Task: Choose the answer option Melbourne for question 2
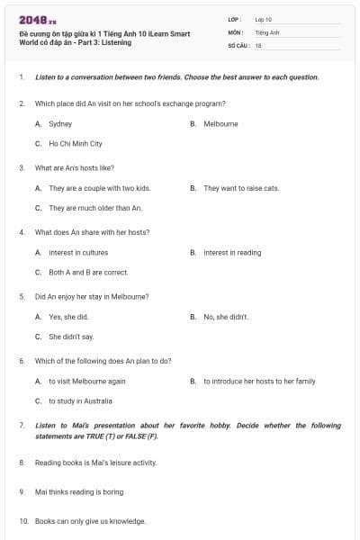click(x=220, y=123)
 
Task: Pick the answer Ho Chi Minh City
click(x=75, y=143)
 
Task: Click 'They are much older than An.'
click(x=95, y=208)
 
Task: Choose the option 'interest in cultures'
click(x=78, y=253)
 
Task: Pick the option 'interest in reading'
click(x=232, y=253)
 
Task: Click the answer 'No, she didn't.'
click(x=226, y=317)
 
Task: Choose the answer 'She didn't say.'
click(x=71, y=337)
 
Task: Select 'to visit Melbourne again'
click(x=87, y=382)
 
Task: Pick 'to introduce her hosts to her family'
click(x=259, y=382)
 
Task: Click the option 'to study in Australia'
click(x=80, y=401)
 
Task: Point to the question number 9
click(x=22, y=491)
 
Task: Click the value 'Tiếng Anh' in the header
click(x=267, y=31)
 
